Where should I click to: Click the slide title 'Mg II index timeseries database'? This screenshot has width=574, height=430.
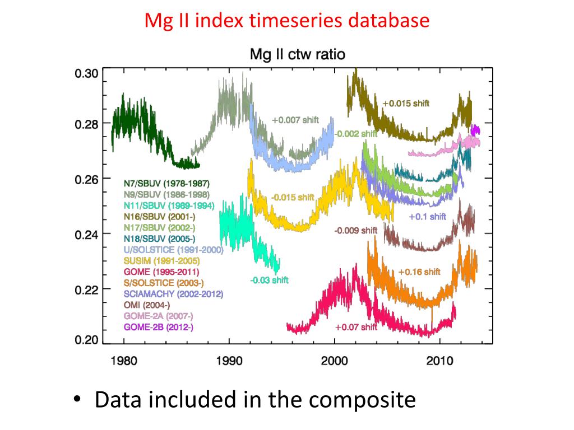point(287,21)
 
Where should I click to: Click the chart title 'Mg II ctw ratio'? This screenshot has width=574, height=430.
point(297,54)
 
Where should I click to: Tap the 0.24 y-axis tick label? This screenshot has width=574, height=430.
point(87,235)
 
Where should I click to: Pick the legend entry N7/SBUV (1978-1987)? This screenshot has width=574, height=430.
point(168,183)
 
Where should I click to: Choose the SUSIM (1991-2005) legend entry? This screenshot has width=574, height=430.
point(161,261)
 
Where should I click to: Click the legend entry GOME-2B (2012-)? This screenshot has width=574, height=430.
point(159,327)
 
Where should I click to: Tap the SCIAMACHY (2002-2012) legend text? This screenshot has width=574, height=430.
point(174,294)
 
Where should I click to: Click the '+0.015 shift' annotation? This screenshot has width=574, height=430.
point(406,104)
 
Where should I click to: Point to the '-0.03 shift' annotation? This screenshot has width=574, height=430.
point(269,280)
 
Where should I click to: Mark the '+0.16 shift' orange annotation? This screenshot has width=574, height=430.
point(419,272)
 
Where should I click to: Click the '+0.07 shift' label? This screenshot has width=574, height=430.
point(357,327)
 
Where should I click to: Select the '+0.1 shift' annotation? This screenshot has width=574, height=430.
point(428,217)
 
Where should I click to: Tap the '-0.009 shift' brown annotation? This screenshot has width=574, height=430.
point(356,230)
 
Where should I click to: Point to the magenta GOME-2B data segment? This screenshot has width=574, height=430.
point(475,130)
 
